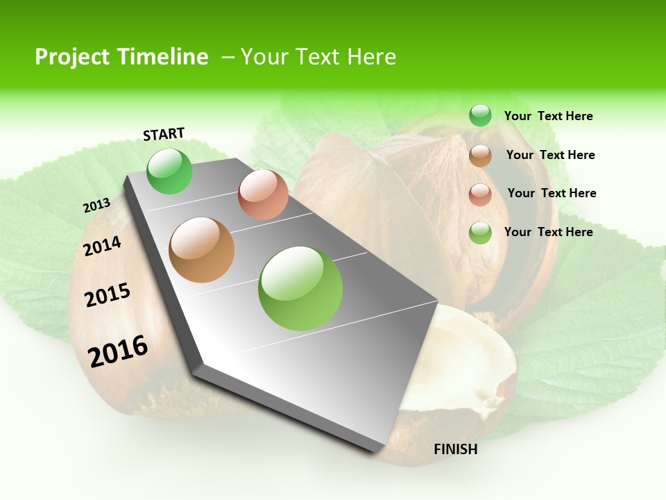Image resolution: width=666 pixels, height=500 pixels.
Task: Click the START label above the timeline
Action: click(164, 134)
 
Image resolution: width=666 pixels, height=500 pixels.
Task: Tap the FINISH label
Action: click(456, 449)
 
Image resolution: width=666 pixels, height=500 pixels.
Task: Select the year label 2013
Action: click(96, 206)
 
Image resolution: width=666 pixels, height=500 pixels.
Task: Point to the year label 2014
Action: click(103, 247)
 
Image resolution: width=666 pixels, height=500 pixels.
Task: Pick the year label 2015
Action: click(108, 295)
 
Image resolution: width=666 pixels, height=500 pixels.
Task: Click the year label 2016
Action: click(118, 351)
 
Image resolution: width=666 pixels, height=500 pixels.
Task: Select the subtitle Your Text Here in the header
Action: click(318, 57)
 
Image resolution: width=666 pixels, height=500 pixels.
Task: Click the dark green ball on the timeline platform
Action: click(170, 171)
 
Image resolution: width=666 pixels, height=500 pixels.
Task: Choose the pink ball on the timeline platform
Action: click(263, 194)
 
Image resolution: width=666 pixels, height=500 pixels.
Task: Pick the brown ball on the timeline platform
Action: click(202, 250)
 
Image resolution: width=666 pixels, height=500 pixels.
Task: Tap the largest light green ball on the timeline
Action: click(300, 288)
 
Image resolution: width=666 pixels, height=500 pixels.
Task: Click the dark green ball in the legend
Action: click(480, 115)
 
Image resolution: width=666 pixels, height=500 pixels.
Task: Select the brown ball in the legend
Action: click(480, 156)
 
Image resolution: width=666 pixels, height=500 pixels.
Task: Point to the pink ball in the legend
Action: click(480, 194)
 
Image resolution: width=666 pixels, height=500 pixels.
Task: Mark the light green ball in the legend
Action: click(480, 233)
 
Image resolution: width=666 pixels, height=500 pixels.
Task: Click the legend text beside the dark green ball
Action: click(548, 116)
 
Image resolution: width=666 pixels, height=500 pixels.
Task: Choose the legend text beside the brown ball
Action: click(550, 155)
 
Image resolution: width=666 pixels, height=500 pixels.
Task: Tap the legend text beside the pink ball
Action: click(552, 193)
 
